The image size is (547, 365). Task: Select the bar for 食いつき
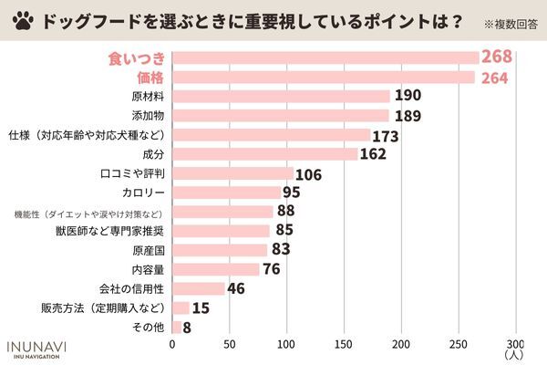point(325,57)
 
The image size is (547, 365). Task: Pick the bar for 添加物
point(281,115)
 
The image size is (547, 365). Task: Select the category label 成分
point(152,154)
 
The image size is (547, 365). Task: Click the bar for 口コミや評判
point(233,173)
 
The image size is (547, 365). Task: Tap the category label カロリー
point(142,193)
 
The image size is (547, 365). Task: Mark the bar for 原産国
point(220,250)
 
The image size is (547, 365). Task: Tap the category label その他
point(150,327)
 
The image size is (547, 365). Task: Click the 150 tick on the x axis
point(344,344)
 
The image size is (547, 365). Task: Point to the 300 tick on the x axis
point(515,344)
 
